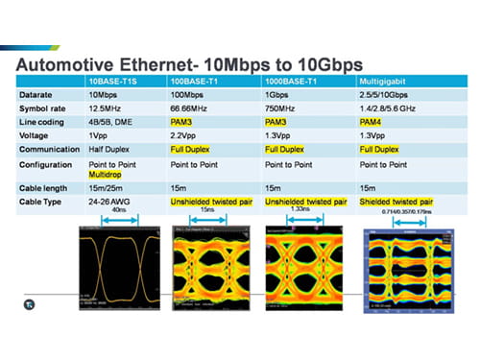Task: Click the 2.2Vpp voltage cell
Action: [x=187, y=135]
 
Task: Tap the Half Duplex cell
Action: [x=110, y=149]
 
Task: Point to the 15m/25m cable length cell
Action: [x=108, y=189]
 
